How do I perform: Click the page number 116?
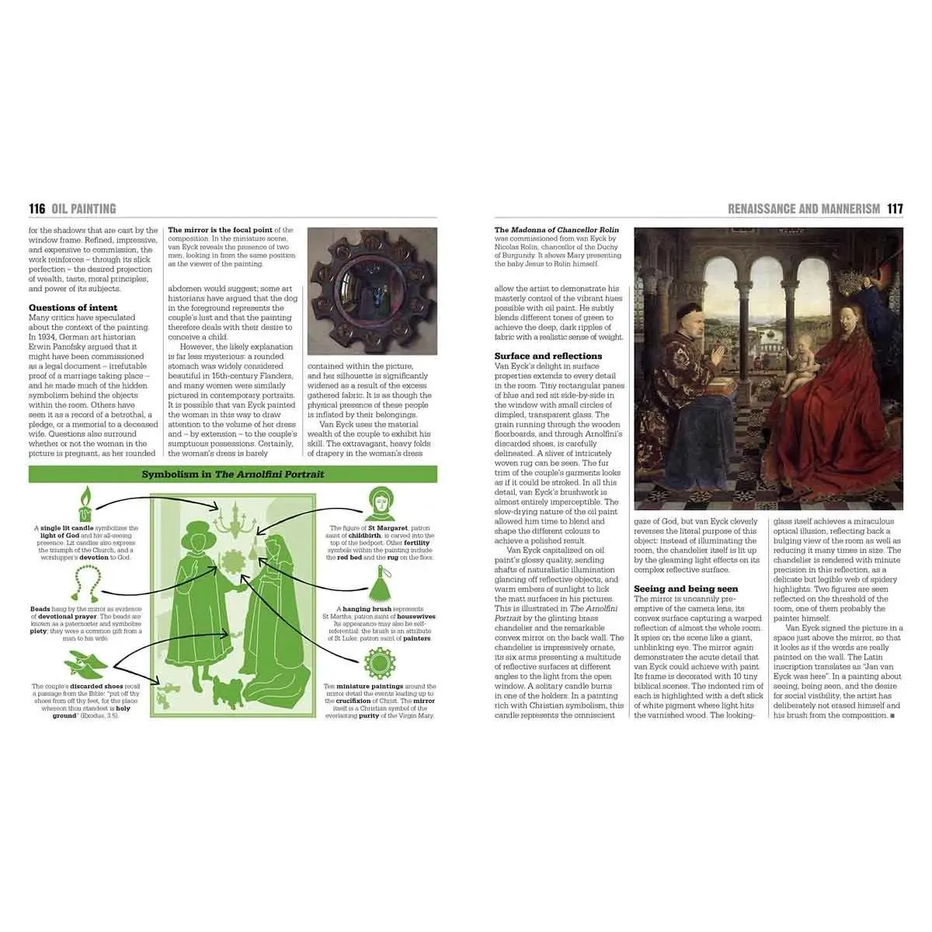[37, 208]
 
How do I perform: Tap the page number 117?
[895, 208]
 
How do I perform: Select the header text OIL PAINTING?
[83, 208]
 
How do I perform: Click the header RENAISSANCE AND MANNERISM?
[803, 208]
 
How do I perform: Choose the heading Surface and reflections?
[548, 356]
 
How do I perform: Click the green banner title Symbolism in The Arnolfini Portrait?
[233, 474]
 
